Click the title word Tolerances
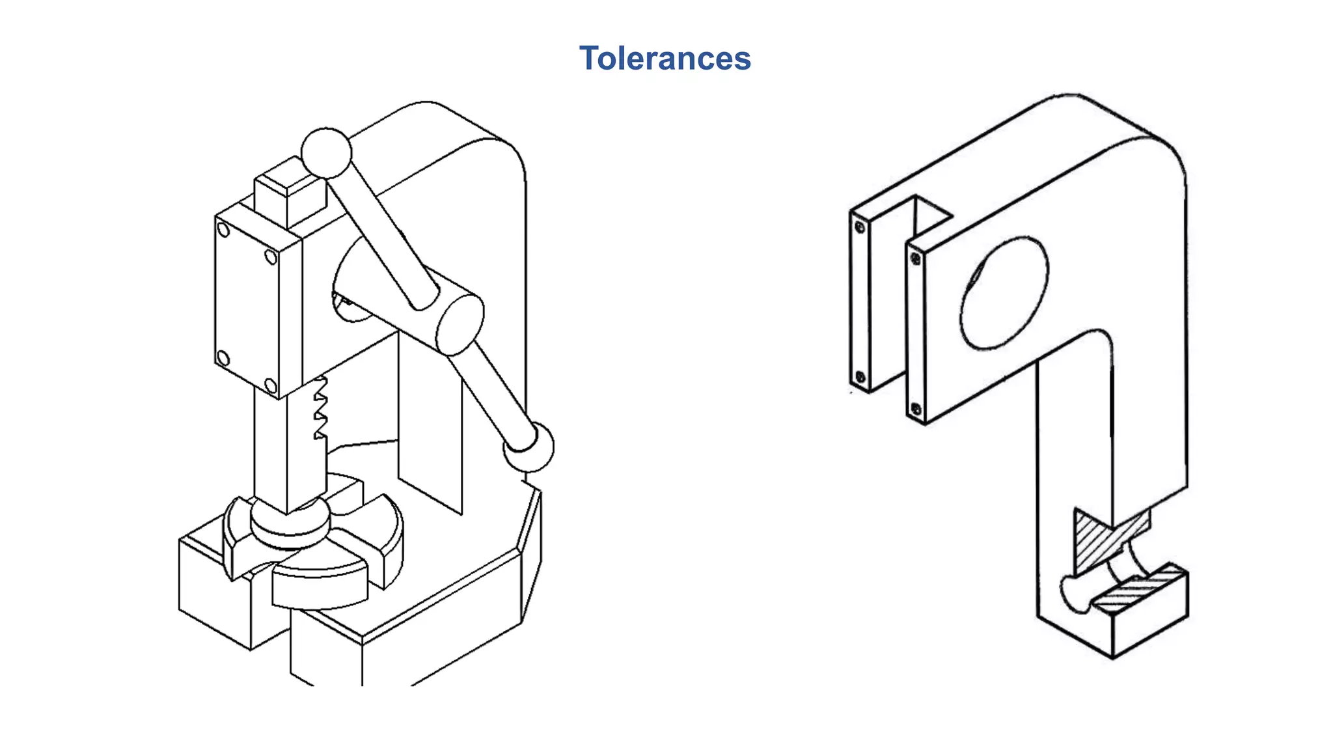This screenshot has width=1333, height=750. (665, 59)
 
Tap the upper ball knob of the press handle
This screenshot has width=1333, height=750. (326, 153)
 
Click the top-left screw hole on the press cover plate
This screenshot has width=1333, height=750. (223, 230)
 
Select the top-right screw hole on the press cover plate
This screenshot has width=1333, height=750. (271, 258)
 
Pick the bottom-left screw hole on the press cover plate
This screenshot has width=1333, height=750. (223, 358)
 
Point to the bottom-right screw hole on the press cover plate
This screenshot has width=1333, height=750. (271, 385)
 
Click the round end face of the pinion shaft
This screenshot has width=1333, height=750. (460, 324)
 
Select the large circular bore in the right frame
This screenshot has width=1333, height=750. (1004, 293)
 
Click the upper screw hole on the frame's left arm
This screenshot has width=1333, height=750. (860, 227)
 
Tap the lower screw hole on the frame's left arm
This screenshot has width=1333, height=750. (860, 377)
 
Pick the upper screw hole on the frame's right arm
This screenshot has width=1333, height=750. (916, 258)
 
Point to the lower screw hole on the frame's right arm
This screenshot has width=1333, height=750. (916, 409)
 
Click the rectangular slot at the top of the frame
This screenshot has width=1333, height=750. (928, 215)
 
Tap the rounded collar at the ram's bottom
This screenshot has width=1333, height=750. (290, 524)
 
